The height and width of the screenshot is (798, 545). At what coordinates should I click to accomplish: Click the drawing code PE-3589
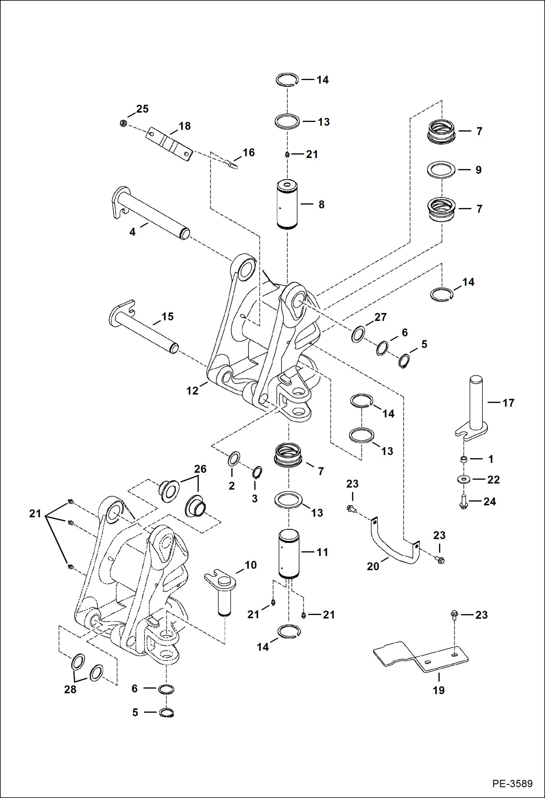point(512,783)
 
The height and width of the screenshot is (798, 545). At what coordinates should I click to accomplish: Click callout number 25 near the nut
point(142,109)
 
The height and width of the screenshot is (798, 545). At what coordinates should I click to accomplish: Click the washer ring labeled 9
point(441,170)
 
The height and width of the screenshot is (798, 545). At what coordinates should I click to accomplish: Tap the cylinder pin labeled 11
point(289,553)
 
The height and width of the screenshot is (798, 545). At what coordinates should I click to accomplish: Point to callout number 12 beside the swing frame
point(192,391)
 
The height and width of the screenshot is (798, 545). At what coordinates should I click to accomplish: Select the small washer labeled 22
point(464,479)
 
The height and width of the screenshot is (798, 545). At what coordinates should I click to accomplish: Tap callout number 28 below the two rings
point(70,689)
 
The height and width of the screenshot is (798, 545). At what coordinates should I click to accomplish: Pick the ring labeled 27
point(358,334)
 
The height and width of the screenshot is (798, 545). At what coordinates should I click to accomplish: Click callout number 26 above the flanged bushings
point(200,469)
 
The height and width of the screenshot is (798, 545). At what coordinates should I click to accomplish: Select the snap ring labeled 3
point(257,473)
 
